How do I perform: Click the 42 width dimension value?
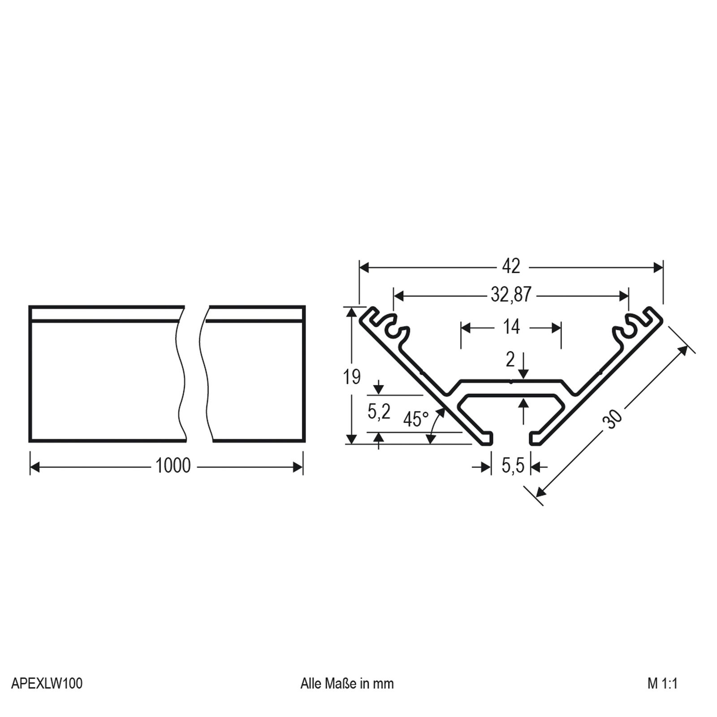pos(511,267)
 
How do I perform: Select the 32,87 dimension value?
pos(511,295)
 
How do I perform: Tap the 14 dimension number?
pos(511,327)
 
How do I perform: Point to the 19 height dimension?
pos(352,377)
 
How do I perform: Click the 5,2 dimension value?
pos(379,412)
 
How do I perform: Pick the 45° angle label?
pos(415,419)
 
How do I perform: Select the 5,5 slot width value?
pos(513,466)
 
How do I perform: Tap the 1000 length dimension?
pos(173,466)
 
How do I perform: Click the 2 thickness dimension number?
pos(510,360)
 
